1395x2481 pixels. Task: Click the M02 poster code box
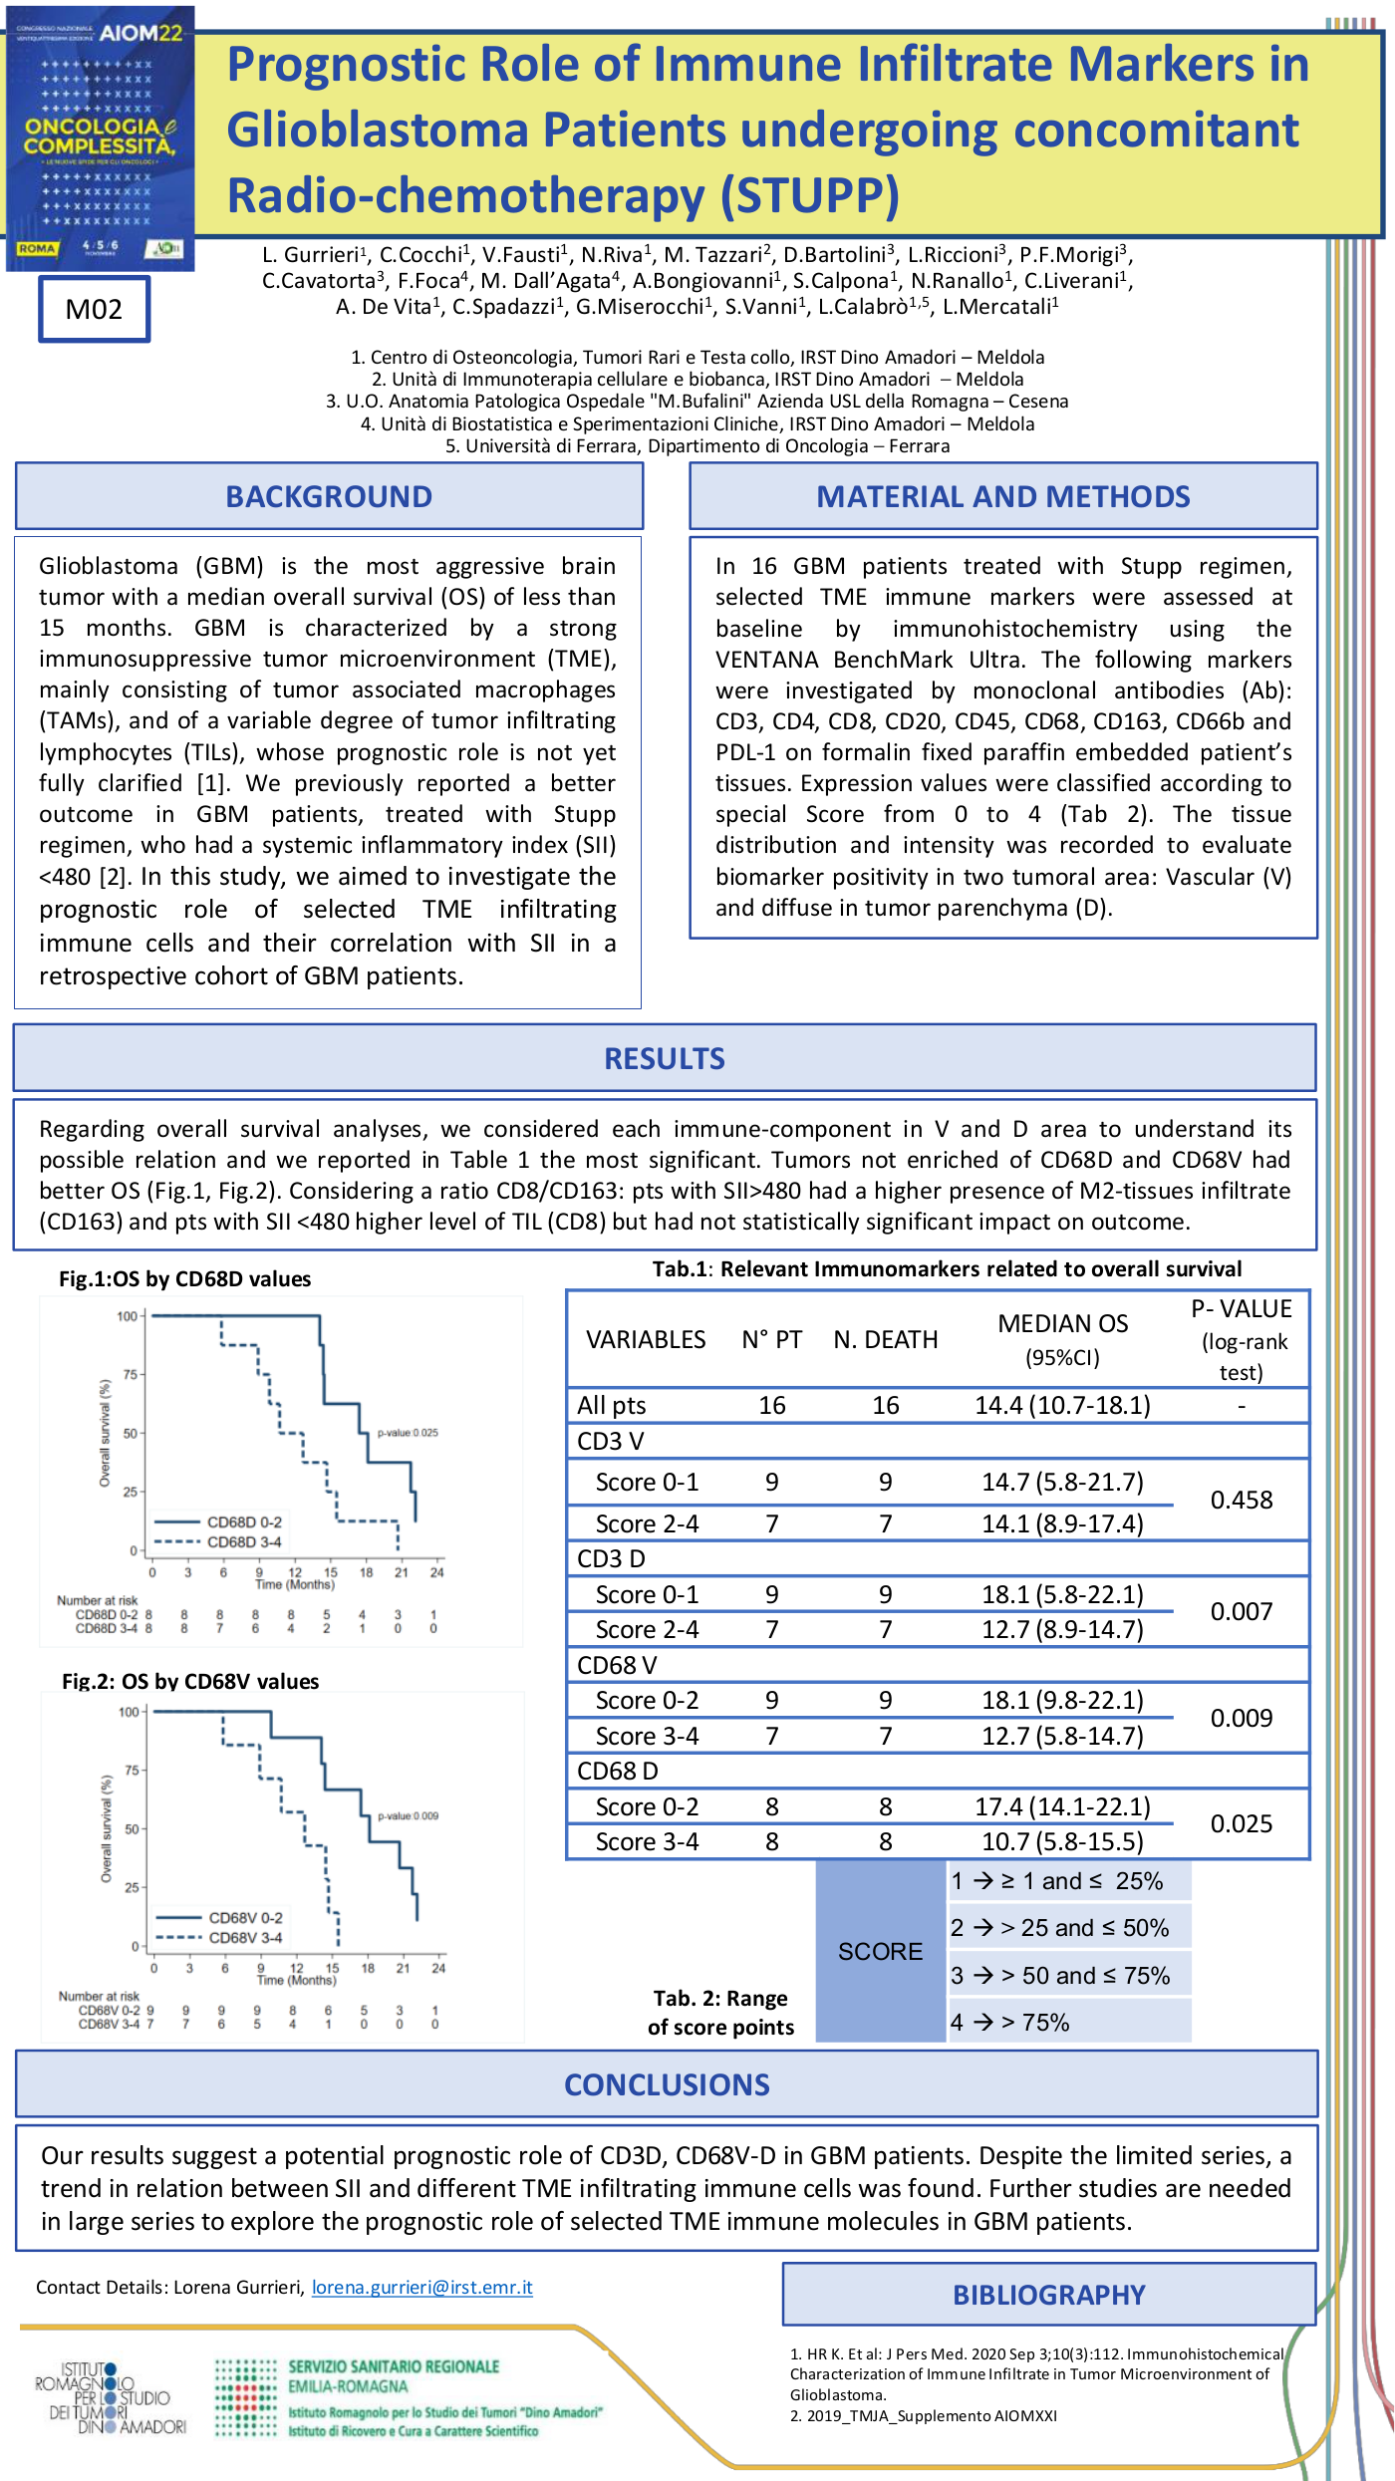94,310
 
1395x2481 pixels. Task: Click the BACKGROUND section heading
329,496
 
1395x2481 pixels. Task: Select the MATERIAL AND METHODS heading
1002,496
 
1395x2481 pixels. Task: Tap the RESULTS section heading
665,1058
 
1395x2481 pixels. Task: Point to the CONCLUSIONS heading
667,2084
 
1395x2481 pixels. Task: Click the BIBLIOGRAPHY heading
1048,2295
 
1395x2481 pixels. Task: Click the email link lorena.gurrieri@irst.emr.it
422,2287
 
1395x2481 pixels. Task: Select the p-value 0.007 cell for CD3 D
1241,1611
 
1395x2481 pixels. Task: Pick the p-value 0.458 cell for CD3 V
1241,1500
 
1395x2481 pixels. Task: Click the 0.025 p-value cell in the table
1241,1823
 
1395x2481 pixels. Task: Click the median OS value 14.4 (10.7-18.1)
1062,1405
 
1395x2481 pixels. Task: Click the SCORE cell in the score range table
880,1951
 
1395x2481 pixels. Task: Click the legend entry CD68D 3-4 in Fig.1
244,1542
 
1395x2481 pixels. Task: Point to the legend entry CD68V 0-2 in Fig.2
245,1917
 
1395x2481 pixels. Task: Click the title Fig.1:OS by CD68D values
184,1278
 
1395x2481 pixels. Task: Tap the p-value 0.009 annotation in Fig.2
408,1815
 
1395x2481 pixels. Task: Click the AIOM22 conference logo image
101,139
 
